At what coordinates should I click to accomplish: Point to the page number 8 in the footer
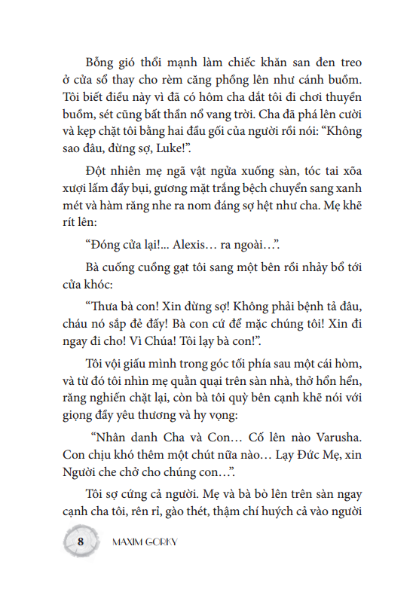pos(81,541)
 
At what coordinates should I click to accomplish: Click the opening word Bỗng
pos(103,63)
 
